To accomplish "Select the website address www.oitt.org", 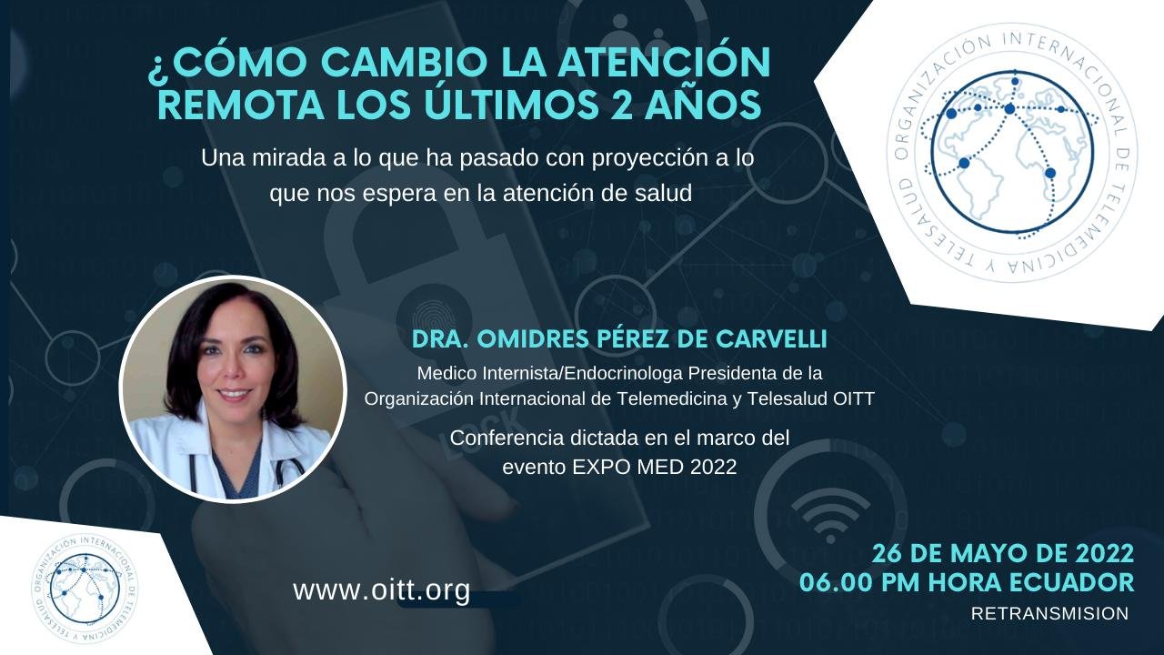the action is pos(382,590).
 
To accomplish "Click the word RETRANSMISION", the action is pos(1049,613).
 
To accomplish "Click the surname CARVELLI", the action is pos(771,339).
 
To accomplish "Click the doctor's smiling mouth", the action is pos(234,395).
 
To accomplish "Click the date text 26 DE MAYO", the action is pos(950,554).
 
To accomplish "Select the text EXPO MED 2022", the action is pos(655,467).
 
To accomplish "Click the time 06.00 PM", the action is pos(859,583).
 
